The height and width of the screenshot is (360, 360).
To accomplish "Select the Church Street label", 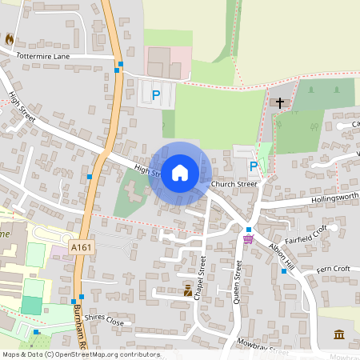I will tap(234, 184).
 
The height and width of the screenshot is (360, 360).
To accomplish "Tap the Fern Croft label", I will tap(334, 270).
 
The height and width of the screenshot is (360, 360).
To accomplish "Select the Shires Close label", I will tap(105, 320).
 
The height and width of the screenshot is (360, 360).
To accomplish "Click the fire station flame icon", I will tap(9, 38).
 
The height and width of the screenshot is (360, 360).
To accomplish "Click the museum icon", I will tap(339, 334).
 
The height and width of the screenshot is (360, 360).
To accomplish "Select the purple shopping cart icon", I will tap(248, 238).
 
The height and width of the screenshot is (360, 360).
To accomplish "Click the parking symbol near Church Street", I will tap(254, 166).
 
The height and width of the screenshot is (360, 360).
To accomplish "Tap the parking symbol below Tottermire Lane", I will tap(156, 95).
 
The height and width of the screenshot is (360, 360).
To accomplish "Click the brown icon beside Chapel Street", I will tap(188, 290).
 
